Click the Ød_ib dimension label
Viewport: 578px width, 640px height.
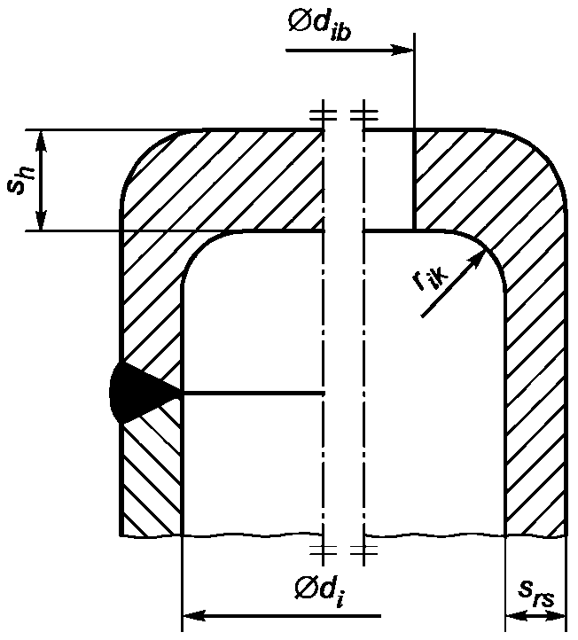pos(319,25)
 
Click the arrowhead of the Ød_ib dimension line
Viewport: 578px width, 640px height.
pos(402,51)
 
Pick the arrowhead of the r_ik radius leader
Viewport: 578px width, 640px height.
pos(479,259)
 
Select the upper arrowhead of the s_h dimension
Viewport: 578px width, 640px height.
pos(41,141)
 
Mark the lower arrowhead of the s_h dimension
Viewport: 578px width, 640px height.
pos(41,220)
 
